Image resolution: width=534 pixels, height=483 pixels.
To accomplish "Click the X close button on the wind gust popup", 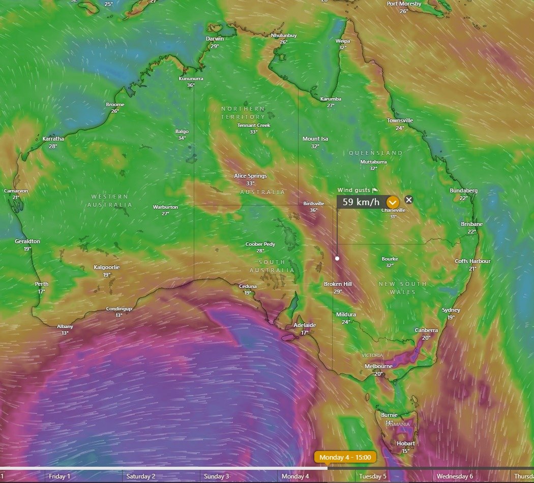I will point(409,200).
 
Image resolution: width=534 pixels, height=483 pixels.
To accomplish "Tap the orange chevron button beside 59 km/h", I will point(392,202).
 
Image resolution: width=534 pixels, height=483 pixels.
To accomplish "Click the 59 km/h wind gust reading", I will point(361,202).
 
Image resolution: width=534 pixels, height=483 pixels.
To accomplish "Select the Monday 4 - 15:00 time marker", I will point(345,457).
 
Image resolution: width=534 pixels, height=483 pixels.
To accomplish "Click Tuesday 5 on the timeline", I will point(373,476).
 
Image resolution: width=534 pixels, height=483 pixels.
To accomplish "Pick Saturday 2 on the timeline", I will point(141,476).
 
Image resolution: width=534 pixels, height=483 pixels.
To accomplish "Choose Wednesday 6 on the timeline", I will point(455,476).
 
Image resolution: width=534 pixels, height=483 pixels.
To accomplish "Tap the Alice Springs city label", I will point(250,176).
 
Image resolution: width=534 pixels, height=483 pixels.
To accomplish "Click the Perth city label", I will point(42,284).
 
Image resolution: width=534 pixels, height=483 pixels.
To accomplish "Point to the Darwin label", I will point(215,39).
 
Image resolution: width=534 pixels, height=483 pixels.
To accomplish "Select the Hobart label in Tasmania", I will point(405,443).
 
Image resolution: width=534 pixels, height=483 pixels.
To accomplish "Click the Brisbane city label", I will point(472,224).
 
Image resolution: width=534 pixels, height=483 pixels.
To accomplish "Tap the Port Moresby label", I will point(403,4).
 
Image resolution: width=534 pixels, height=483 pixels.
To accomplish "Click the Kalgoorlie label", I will point(107,267).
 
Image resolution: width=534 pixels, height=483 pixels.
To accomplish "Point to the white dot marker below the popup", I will point(337,258).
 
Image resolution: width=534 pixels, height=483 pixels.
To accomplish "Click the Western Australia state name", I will point(110,201).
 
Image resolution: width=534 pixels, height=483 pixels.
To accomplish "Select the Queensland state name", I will point(375,153).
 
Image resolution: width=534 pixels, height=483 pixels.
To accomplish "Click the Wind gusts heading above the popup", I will point(354,190).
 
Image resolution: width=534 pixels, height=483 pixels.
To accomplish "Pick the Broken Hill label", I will point(338,284).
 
